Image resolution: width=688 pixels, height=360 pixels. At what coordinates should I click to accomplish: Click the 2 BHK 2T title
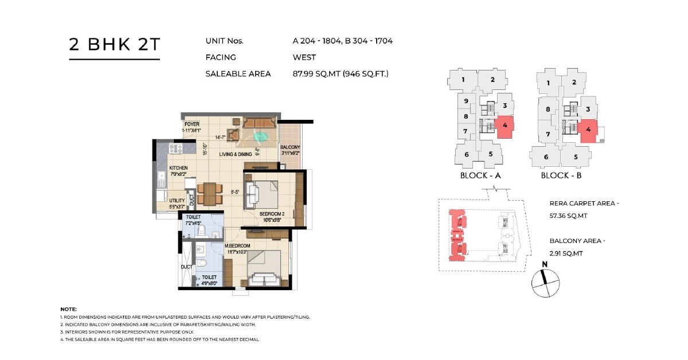point(114,45)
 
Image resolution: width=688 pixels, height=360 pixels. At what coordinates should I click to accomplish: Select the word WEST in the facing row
point(304,57)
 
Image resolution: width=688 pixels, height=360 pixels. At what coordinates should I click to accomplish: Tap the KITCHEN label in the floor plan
point(178,168)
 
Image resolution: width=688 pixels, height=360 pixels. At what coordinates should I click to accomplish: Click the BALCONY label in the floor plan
point(290,147)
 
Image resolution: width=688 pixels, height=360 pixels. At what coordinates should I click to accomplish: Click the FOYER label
point(191,124)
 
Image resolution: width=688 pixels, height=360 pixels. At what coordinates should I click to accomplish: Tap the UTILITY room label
point(177,201)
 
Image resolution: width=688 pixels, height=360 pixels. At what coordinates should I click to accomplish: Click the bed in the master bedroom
point(264,268)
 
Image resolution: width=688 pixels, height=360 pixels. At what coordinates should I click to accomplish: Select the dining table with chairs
point(209,193)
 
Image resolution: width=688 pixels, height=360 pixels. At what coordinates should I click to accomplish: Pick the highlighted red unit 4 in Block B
point(588,129)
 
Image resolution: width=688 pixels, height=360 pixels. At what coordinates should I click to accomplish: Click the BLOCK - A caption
point(480,175)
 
